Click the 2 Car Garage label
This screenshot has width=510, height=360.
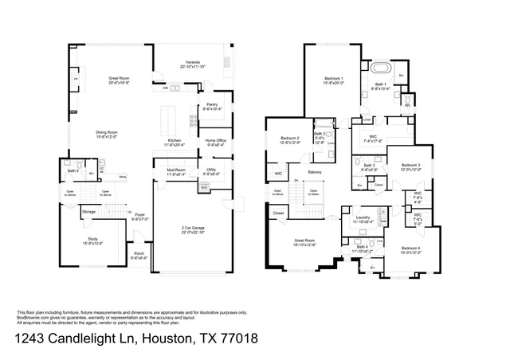pyautogui.click(x=194, y=229)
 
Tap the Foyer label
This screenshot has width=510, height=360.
pyautogui.click(x=139, y=214)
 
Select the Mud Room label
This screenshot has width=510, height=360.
pyautogui.click(x=176, y=170)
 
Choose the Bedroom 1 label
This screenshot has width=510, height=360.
pyautogui.click(x=334, y=78)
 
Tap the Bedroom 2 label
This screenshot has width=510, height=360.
pyautogui.click(x=289, y=139)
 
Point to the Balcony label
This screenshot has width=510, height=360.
pyautogui.click(x=316, y=172)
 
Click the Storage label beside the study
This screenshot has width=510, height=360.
pyautogui.click(x=88, y=211)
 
